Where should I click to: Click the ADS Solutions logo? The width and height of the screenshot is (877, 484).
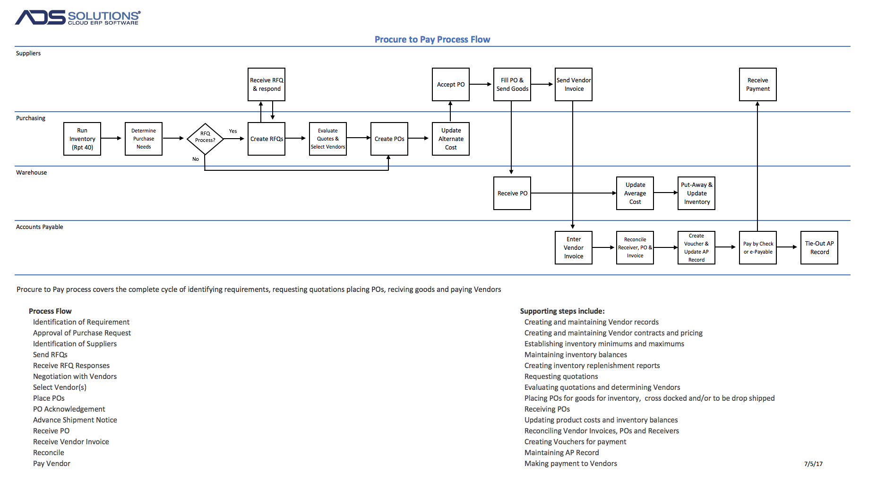[x=78, y=18]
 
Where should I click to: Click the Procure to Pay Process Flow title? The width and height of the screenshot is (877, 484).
[x=432, y=39]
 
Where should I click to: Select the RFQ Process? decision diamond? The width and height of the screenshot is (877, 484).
[x=205, y=139]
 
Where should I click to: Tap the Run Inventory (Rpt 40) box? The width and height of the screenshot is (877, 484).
[x=82, y=139]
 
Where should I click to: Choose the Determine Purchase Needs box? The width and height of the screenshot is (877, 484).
[x=144, y=139]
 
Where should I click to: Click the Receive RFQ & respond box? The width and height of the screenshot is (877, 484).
[x=267, y=84]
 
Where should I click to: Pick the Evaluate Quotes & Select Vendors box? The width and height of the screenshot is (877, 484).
[x=328, y=139]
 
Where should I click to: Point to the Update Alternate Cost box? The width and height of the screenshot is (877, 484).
[x=451, y=139]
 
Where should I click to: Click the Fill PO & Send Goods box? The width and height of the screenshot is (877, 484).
[x=512, y=84]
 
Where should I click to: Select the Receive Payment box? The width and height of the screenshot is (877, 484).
[x=758, y=84]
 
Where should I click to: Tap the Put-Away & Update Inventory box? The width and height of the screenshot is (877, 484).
[x=696, y=193]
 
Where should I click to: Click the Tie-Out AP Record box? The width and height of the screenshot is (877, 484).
[x=819, y=247]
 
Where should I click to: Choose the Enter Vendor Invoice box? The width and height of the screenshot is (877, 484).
[x=574, y=247]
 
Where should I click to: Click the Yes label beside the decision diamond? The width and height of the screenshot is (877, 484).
[x=233, y=131]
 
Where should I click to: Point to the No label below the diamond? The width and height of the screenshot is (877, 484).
[x=196, y=159]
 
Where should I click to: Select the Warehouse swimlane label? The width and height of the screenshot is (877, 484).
[x=32, y=172]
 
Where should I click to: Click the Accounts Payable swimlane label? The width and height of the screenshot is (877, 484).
[x=40, y=227]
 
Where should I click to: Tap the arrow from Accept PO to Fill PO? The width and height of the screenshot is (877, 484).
[x=481, y=84]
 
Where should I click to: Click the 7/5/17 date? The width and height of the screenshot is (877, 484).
[x=813, y=464]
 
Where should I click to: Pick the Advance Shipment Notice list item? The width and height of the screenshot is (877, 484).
[x=75, y=420]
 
